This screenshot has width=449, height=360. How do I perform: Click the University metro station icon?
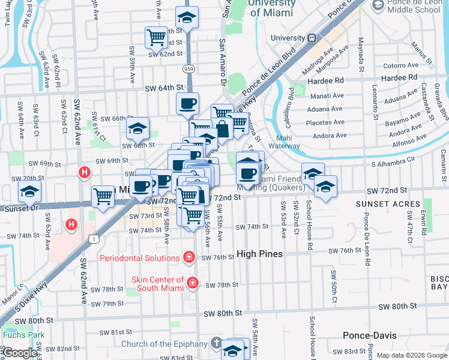tap(312, 38)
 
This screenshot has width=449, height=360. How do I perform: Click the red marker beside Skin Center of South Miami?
tap(193, 282)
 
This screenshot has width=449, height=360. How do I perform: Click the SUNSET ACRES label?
tap(383, 204)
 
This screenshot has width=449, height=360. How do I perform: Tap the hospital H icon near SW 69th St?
tap(85, 173)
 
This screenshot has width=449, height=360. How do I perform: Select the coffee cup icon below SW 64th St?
tap(187, 103)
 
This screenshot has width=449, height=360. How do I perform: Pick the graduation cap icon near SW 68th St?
tap(137, 128)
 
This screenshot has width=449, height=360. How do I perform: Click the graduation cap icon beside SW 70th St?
tap(29, 192)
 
